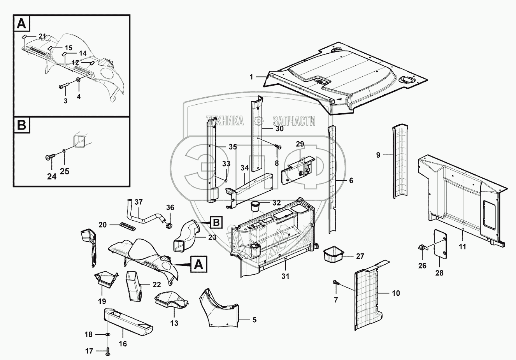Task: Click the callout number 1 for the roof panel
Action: (x=251, y=77)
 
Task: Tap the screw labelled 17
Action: (x=108, y=352)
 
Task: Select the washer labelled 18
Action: (x=108, y=335)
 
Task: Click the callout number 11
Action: (x=462, y=246)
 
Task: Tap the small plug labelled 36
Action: (x=169, y=225)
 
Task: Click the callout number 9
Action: (x=378, y=155)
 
